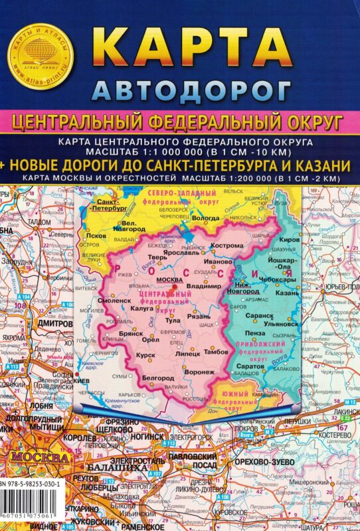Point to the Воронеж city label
point(200,372)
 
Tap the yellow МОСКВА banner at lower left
point(37,458)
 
